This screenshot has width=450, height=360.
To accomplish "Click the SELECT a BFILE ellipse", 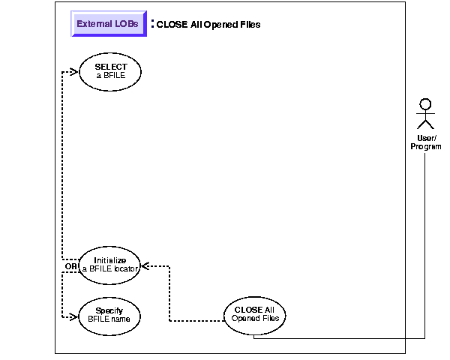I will pyautogui.click(x=110, y=71).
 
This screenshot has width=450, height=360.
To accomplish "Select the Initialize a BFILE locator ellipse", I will pyautogui.click(x=109, y=265).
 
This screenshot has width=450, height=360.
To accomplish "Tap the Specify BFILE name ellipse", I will pyautogui.click(x=109, y=314).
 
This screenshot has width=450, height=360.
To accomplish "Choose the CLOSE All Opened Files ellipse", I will pyautogui.click(x=255, y=314).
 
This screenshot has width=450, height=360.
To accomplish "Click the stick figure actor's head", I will pyautogui.click(x=426, y=104).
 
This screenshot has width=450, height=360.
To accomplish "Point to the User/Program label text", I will pyautogui.click(x=426, y=142).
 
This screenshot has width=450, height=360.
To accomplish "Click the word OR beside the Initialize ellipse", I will pyautogui.click(x=71, y=266).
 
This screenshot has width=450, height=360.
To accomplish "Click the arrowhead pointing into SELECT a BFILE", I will pyautogui.click(x=73, y=72).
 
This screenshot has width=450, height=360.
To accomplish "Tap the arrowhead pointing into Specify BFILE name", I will pyautogui.click(x=73, y=316).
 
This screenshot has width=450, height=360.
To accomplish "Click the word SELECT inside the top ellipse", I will pyautogui.click(x=110, y=67).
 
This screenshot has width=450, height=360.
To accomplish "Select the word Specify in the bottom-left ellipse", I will pyautogui.click(x=109, y=310).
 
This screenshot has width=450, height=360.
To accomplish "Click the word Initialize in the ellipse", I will pyautogui.click(x=109, y=260).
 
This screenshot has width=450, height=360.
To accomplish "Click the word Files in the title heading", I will pyautogui.click(x=249, y=25).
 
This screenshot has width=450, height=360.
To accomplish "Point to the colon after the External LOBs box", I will pyautogui.click(x=152, y=23).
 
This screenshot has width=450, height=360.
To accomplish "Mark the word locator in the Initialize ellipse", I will pyautogui.click(x=125, y=269).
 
